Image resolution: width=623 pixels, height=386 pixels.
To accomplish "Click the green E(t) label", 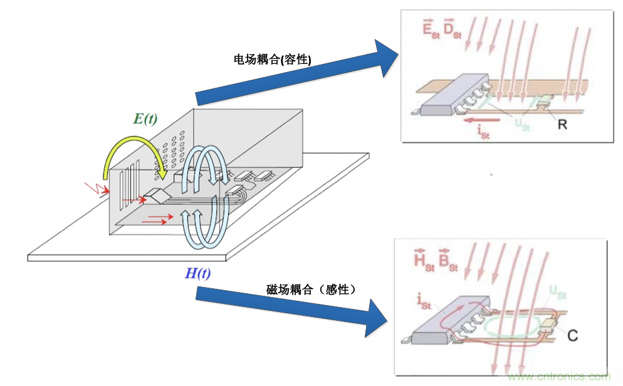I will click(x=145, y=119).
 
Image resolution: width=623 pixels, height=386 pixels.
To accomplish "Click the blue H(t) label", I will click(x=198, y=273).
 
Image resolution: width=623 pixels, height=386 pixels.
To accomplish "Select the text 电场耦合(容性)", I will click(x=273, y=59).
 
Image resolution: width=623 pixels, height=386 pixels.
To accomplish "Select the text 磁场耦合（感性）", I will click(x=311, y=289).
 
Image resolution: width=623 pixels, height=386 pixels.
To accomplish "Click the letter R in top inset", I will click(x=562, y=124).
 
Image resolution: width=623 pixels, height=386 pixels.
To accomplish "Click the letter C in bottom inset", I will click(x=572, y=335).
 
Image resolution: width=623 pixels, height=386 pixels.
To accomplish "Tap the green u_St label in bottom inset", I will click(x=558, y=291).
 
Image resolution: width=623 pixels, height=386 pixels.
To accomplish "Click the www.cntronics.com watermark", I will click(x=559, y=377).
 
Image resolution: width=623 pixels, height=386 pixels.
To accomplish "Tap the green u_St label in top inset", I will click(x=523, y=124).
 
